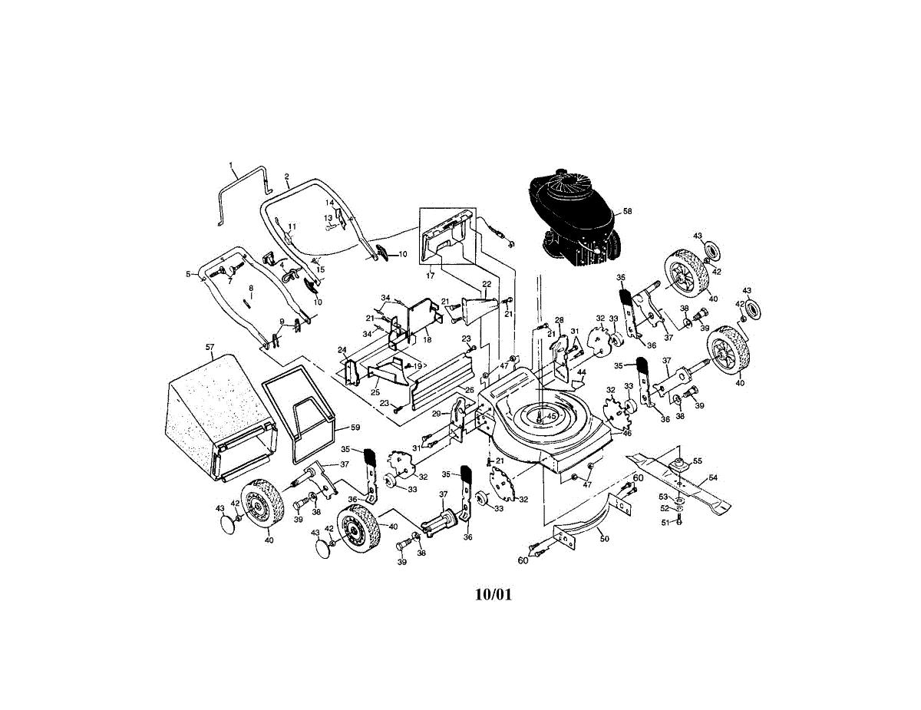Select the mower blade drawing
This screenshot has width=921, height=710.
click(679, 480)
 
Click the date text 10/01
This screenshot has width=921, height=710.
click(492, 594)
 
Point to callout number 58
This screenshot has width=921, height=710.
click(627, 210)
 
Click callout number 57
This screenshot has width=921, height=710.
click(210, 347)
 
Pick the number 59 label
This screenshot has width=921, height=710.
click(355, 427)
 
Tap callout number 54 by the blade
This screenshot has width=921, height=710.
click(713, 478)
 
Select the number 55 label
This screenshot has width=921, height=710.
click(697, 461)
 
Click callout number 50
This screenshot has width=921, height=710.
click(604, 539)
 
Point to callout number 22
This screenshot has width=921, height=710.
click(486, 284)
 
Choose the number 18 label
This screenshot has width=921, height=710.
click(427, 339)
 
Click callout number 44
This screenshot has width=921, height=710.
click(582, 372)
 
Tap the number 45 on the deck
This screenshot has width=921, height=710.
click(551, 416)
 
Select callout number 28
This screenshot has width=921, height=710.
click(559, 320)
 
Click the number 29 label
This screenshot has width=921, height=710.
click(436, 414)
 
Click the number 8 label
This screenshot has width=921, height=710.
click(250, 288)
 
